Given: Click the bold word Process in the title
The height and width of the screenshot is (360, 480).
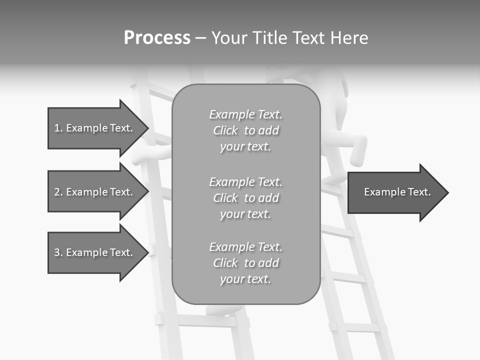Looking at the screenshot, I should (157, 38).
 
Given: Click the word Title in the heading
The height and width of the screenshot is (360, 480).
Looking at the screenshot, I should (270, 38).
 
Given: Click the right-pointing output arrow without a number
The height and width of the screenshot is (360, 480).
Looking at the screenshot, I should (397, 192).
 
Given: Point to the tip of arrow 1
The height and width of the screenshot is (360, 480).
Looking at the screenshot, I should (148, 128).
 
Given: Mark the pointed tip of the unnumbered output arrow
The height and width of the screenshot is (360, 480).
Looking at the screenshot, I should (448, 192).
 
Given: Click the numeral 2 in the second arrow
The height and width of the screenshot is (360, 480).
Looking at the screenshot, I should (57, 192).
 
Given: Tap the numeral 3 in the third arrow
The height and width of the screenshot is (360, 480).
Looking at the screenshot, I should (57, 252).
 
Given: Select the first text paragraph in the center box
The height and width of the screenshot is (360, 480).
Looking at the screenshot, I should (245, 130).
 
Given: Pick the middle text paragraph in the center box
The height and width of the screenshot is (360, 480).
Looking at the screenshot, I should (245, 198).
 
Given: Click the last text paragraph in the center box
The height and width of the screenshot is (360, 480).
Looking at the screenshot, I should (245, 263).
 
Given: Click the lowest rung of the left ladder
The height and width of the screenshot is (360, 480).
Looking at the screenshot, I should (200, 320).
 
